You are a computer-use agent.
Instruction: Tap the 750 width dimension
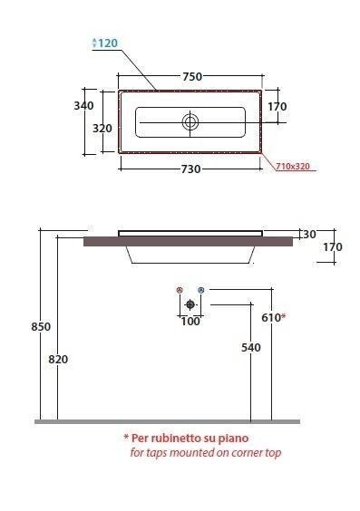click(192, 77)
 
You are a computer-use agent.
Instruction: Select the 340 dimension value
click(83, 106)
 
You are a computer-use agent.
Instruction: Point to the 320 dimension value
click(102, 129)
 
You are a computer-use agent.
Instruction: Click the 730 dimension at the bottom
click(190, 169)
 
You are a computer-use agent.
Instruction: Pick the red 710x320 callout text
click(293, 166)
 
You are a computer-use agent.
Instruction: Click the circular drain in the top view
click(190, 122)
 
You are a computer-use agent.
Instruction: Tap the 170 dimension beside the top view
click(277, 107)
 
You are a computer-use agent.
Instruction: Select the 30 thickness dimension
click(309, 234)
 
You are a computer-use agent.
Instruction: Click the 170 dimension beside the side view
click(333, 247)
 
